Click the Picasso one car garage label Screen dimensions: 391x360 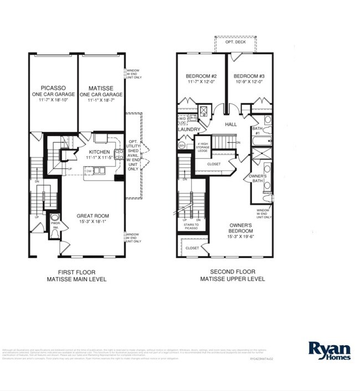point(54,94)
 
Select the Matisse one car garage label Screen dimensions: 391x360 point(100,94)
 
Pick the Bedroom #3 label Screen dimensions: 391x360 point(248,79)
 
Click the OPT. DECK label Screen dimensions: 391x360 point(235,43)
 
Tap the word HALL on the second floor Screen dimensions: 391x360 point(231,125)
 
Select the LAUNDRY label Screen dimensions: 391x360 point(189,130)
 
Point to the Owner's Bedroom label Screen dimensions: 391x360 point(241,228)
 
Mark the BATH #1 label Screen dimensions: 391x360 point(256,131)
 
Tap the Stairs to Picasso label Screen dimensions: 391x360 point(191,225)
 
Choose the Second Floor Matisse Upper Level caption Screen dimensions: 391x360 point(233,275)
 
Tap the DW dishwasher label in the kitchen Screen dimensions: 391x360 point(88,172)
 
